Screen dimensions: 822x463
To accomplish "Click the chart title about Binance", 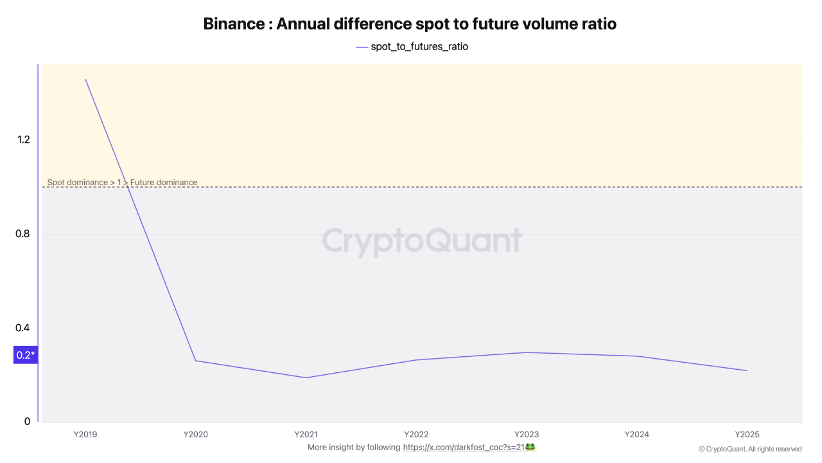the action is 410,24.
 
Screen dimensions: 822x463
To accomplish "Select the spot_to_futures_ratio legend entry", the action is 412,47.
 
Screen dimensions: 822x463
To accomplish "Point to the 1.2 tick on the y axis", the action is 24,140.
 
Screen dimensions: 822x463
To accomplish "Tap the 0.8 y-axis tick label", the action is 22,233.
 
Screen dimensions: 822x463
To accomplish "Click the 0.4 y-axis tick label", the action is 22,328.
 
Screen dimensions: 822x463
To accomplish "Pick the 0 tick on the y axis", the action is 27,421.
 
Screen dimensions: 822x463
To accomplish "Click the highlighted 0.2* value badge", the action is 26,355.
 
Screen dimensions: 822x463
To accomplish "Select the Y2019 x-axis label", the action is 85,434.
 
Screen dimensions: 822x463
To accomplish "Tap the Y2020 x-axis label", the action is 196,434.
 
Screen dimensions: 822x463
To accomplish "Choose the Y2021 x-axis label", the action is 306,434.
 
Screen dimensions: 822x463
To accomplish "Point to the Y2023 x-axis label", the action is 527,434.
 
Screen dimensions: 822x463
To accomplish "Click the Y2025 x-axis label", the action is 747,434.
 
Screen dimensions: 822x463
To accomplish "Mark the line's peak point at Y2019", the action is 85,79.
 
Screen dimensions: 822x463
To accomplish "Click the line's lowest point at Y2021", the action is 306,377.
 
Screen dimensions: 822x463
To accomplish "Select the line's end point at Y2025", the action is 747,370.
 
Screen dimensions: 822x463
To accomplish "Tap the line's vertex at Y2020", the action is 196,361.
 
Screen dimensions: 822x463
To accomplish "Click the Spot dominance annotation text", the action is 122,182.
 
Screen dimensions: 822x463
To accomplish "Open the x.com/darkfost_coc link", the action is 464,447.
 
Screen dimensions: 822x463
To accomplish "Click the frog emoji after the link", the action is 530,447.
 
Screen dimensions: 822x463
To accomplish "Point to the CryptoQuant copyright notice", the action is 750,449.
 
